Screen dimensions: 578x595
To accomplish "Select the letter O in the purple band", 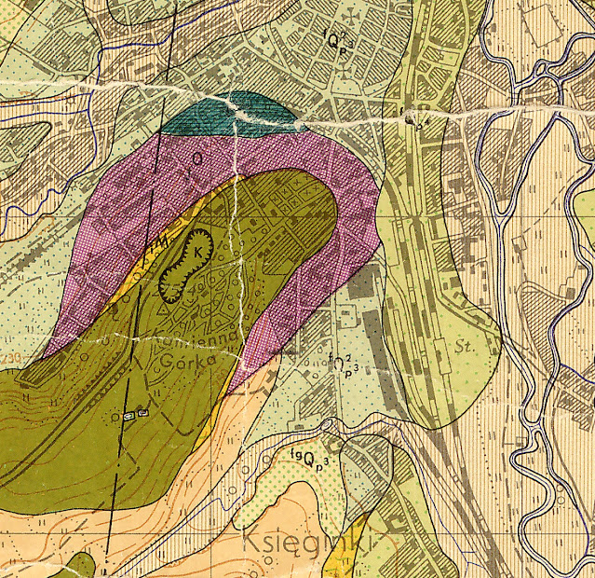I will [x=196, y=159].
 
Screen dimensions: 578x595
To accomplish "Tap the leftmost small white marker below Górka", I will [x=128, y=414].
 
